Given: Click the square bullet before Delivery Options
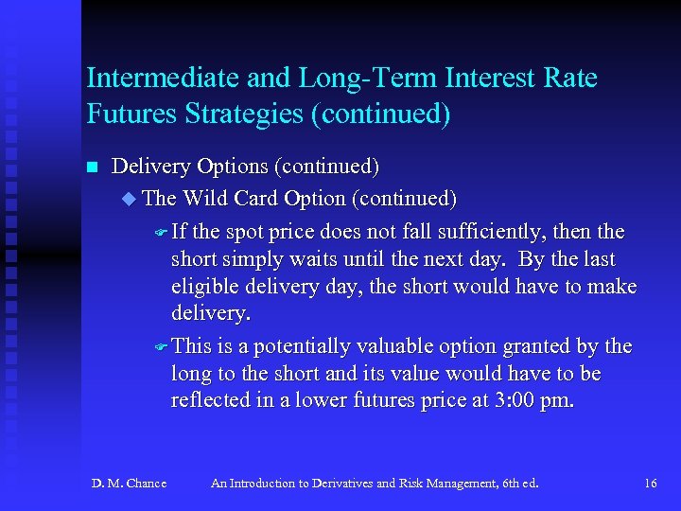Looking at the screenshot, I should [92, 168].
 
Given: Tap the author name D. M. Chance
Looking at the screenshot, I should [130, 484].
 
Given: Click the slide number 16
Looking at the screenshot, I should [650, 484].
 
